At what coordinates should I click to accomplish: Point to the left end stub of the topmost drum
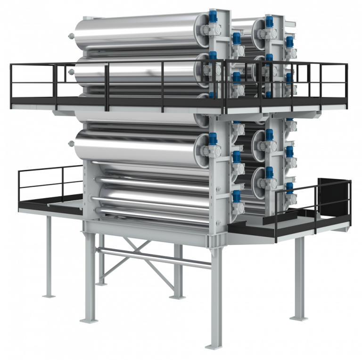(71, 35)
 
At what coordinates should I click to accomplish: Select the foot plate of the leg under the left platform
(49, 296)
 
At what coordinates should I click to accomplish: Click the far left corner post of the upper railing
(10, 80)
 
